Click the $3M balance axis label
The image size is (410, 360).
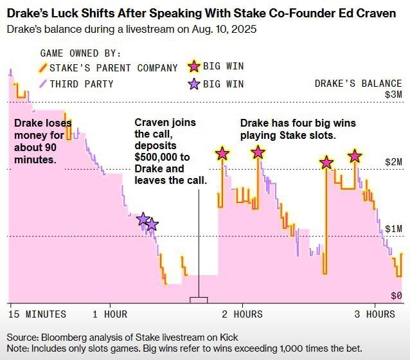[x=393, y=94]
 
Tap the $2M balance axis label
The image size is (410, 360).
[x=393, y=162]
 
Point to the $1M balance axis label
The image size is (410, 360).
[x=393, y=229]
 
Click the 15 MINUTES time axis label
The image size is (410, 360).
[x=37, y=314]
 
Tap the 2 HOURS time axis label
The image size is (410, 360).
[x=242, y=314]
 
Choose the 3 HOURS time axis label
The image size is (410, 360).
[x=374, y=314]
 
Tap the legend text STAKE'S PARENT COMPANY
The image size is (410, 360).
[x=114, y=67]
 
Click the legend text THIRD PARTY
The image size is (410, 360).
[x=82, y=84]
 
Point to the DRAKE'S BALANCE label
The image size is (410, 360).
[x=358, y=84]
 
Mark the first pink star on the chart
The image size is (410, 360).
[x=222, y=154]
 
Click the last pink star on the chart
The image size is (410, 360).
[x=354, y=156]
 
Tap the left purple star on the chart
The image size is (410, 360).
[x=143, y=220]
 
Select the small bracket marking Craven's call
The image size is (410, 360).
[x=199, y=300]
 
